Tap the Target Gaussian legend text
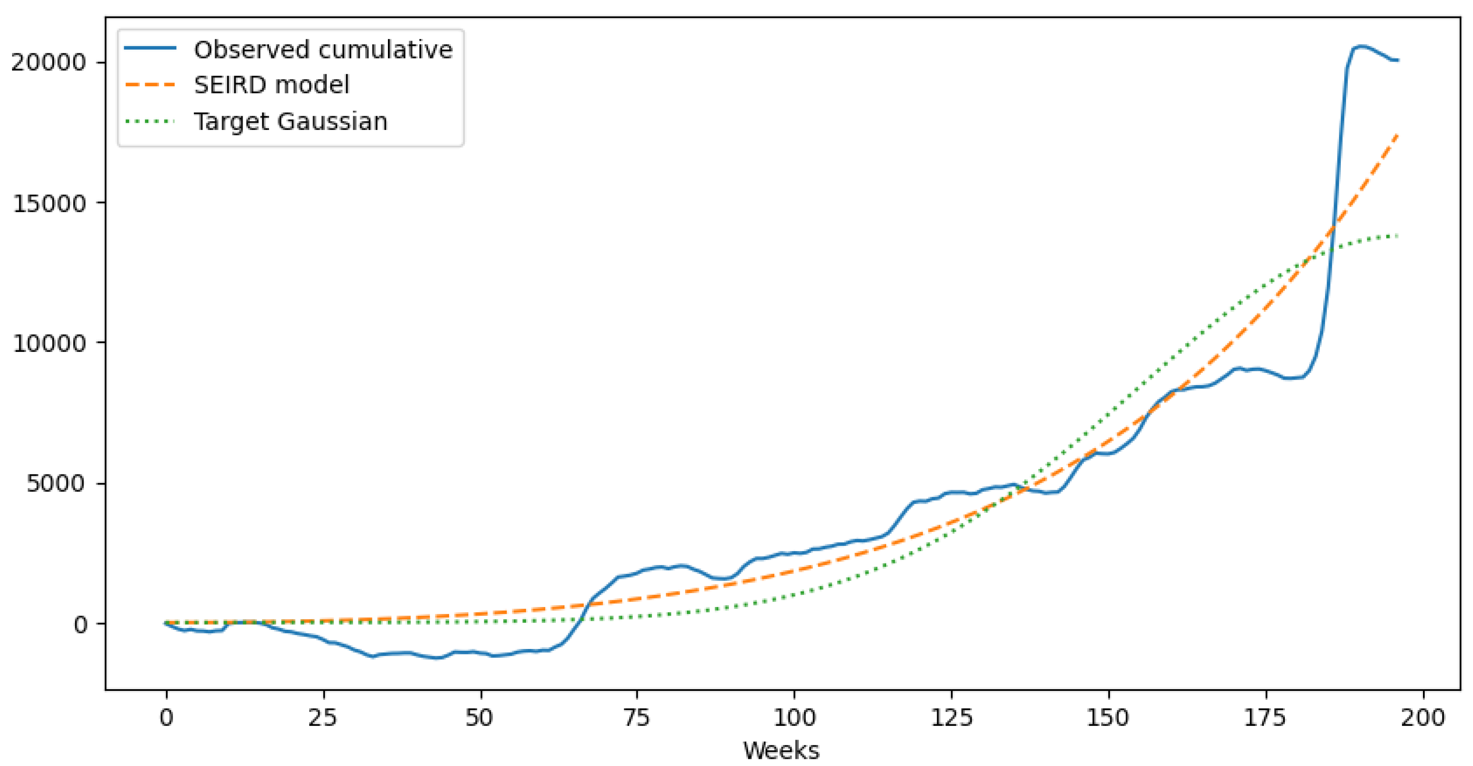(x=290, y=122)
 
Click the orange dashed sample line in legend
(x=150, y=85)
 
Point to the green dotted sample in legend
(x=150, y=122)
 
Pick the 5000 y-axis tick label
(x=55, y=484)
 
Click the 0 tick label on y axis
(x=80, y=624)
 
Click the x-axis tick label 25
(x=323, y=717)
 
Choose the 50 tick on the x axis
(x=480, y=717)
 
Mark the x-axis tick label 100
(x=794, y=717)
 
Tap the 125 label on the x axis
(x=951, y=717)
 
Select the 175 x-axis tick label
(x=1266, y=717)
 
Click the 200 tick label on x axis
(x=1422, y=717)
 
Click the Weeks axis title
(x=781, y=750)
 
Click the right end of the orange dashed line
(x=1397, y=135)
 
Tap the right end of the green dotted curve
(x=1397, y=235)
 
